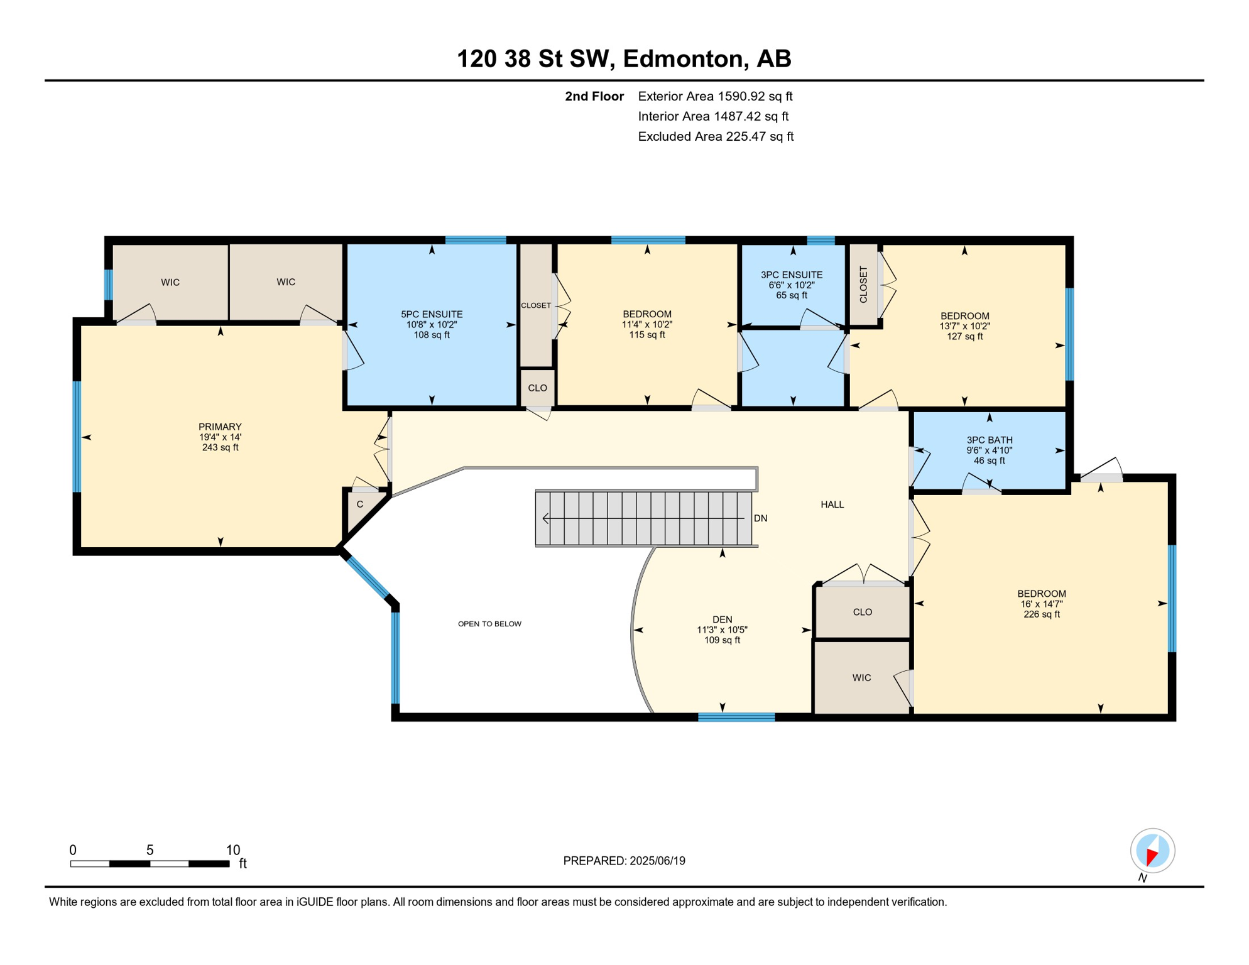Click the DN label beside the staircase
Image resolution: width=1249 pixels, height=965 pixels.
click(760, 518)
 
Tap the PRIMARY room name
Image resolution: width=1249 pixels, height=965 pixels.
click(220, 427)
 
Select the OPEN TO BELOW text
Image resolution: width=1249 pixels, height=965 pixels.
click(489, 624)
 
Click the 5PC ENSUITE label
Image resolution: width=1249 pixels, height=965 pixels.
click(432, 314)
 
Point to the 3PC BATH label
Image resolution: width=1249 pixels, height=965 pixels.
click(989, 440)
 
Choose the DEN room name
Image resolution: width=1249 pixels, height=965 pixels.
click(722, 619)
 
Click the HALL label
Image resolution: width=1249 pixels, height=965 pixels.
click(832, 504)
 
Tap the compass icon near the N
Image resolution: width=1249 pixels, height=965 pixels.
click(1152, 851)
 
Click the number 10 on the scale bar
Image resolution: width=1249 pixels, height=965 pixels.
click(232, 850)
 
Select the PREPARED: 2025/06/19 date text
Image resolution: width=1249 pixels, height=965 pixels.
click(624, 861)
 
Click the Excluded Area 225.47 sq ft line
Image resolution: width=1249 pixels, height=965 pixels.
click(715, 136)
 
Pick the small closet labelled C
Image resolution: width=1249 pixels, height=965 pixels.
click(360, 504)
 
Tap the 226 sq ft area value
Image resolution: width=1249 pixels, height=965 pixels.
click(1041, 614)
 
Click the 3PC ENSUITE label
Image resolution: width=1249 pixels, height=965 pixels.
click(791, 275)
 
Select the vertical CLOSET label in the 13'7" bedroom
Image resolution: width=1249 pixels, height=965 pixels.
click(863, 285)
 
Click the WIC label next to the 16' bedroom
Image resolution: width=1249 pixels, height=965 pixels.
click(861, 677)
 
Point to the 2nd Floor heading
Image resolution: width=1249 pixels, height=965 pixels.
click(594, 96)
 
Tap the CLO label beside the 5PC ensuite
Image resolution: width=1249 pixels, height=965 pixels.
click(537, 388)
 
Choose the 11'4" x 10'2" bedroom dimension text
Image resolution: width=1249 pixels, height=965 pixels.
click(646, 325)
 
